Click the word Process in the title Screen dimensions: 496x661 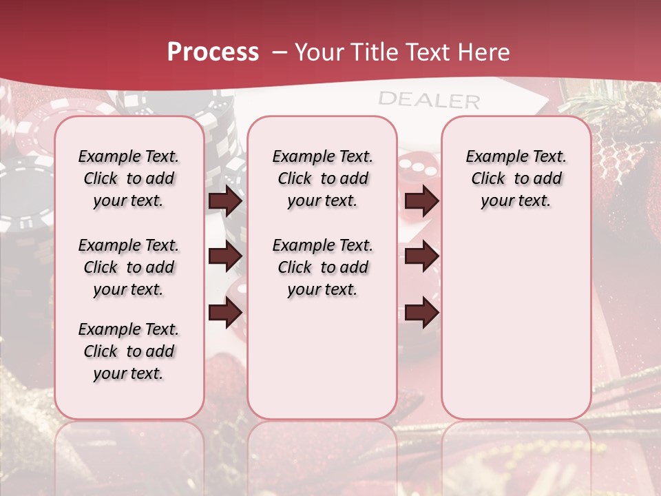[x=213, y=52]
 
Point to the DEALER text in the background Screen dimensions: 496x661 [x=428, y=100]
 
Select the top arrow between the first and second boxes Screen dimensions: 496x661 [x=225, y=200]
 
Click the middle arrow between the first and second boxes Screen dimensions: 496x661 [x=225, y=256]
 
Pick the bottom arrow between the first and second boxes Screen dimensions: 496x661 [x=225, y=312]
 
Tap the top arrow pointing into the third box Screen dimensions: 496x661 [x=421, y=200]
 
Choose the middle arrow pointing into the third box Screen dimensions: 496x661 [x=421, y=256]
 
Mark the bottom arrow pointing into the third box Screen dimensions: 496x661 [x=421, y=312]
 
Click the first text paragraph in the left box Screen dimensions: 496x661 [x=129, y=178]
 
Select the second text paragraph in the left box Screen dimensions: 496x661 [x=129, y=267]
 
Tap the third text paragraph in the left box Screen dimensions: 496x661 [x=129, y=351]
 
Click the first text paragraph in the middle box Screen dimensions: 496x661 [x=322, y=178]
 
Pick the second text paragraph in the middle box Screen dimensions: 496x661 [x=322, y=267]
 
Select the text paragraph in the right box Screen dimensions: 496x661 [x=516, y=178]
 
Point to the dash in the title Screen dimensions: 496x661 [x=280, y=52]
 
